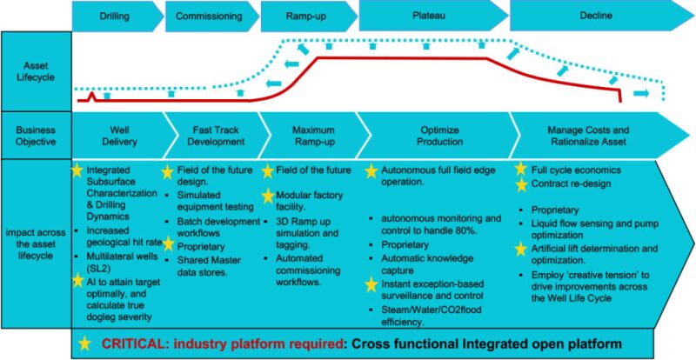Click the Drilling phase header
(x=116, y=16)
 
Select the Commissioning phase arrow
(x=210, y=16)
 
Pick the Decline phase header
(x=593, y=15)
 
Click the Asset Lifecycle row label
(x=35, y=71)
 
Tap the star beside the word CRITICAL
(x=85, y=342)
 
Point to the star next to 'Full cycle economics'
(x=521, y=170)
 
